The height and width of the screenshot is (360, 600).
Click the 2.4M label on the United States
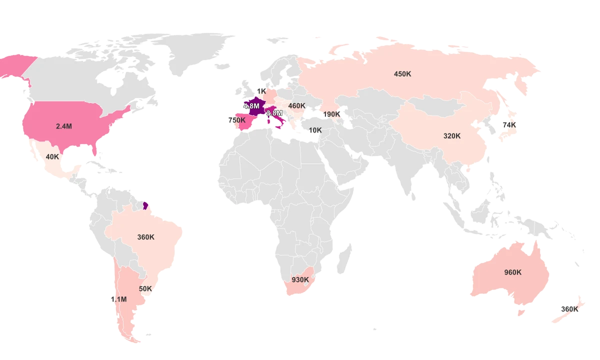coord(64,126)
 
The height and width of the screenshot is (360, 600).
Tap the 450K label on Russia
coord(402,74)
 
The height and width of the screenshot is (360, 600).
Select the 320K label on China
coord(452,136)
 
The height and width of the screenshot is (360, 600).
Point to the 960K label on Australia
coord(512,272)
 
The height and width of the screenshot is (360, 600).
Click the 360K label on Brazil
coord(146,237)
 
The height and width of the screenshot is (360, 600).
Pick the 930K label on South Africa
coord(300,280)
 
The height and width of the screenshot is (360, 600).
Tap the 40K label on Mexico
coord(52,156)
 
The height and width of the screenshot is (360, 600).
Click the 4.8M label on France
coord(251,106)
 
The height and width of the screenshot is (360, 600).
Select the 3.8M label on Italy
coord(274,113)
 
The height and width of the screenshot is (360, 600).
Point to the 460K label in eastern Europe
coord(297,106)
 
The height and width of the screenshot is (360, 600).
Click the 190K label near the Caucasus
coord(331,114)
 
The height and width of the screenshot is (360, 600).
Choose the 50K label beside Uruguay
coord(145,289)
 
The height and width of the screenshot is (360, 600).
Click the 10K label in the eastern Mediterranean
coord(315,130)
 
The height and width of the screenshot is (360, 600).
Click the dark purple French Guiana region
coord(145,205)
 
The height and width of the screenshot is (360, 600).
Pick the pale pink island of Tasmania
coord(521,313)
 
